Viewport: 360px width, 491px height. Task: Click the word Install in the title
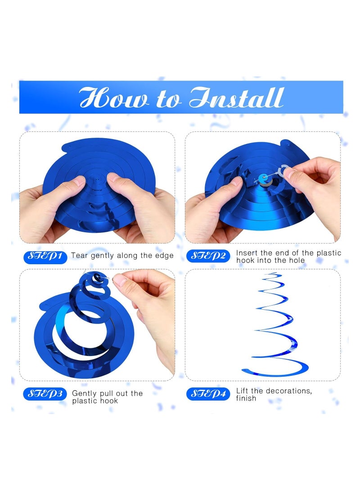click(x=237, y=98)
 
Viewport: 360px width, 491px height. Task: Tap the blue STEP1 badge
click(x=45, y=257)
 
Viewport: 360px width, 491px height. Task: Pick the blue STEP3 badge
click(x=45, y=394)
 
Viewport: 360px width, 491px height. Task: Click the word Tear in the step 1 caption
click(x=80, y=256)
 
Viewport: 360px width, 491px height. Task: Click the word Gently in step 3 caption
click(x=85, y=393)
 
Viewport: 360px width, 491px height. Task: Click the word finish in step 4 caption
click(x=246, y=398)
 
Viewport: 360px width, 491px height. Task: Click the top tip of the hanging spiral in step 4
click(x=270, y=273)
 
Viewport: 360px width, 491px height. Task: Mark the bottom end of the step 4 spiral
click(x=243, y=370)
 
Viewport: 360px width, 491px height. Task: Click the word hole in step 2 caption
click(x=296, y=261)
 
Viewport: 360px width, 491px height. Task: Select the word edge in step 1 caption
click(x=164, y=256)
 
